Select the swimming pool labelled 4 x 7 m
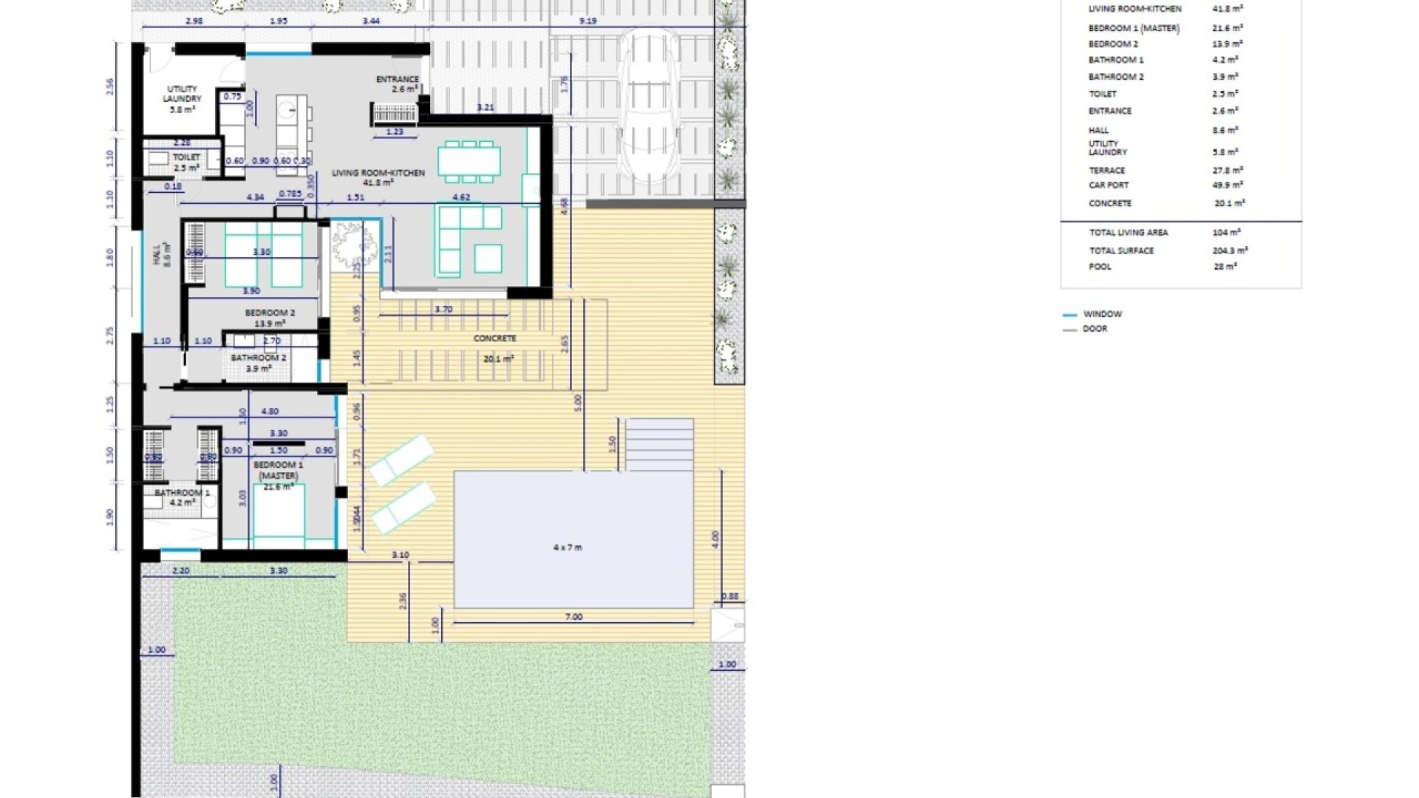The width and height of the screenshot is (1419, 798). (x=573, y=539)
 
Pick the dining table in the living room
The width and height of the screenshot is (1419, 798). (x=469, y=161)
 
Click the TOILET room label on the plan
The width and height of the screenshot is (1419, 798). (x=186, y=157)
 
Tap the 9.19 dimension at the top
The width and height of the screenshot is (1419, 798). (x=588, y=21)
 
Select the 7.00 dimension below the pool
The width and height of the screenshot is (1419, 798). (x=574, y=617)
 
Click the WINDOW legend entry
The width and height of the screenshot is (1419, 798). (x=1102, y=314)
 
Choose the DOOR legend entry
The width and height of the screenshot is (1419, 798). (x=1095, y=329)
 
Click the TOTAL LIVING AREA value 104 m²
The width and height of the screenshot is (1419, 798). (x=1225, y=233)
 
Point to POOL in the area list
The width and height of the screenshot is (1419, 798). (x=1100, y=267)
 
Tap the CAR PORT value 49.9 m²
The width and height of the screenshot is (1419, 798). (x=1227, y=185)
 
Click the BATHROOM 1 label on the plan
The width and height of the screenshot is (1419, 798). (x=182, y=493)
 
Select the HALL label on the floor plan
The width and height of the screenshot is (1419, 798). (x=157, y=255)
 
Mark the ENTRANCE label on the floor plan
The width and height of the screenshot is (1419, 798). (x=398, y=80)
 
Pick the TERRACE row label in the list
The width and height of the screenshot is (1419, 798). (x=1106, y=171)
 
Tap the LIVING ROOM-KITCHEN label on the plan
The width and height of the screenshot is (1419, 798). (x=378, y=173)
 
